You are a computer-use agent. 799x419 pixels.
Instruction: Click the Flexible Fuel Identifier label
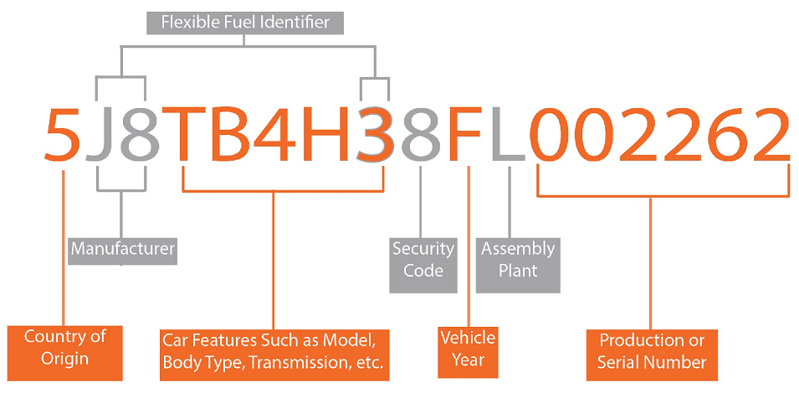tap(245, 23)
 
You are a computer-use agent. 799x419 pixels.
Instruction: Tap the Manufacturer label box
tap(122, 251)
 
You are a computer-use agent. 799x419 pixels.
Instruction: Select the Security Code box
tap(423, 266)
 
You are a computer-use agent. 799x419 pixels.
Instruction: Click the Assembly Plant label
tap(518, 266)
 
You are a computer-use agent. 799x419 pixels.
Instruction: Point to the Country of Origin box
tap(64, 353)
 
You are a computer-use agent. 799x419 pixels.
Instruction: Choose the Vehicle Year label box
tap(468, 353)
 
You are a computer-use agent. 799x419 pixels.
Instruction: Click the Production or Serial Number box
tap(652, 355)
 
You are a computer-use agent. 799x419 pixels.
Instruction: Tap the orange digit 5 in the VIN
tap(62, 135)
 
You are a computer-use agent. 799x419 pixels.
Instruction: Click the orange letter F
tap(464, 134)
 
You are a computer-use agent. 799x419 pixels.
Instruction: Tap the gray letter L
tap(508, 134)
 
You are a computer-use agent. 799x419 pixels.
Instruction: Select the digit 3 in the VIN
tap(376, 135)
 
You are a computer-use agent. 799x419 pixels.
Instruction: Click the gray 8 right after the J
tap(140, 135)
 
